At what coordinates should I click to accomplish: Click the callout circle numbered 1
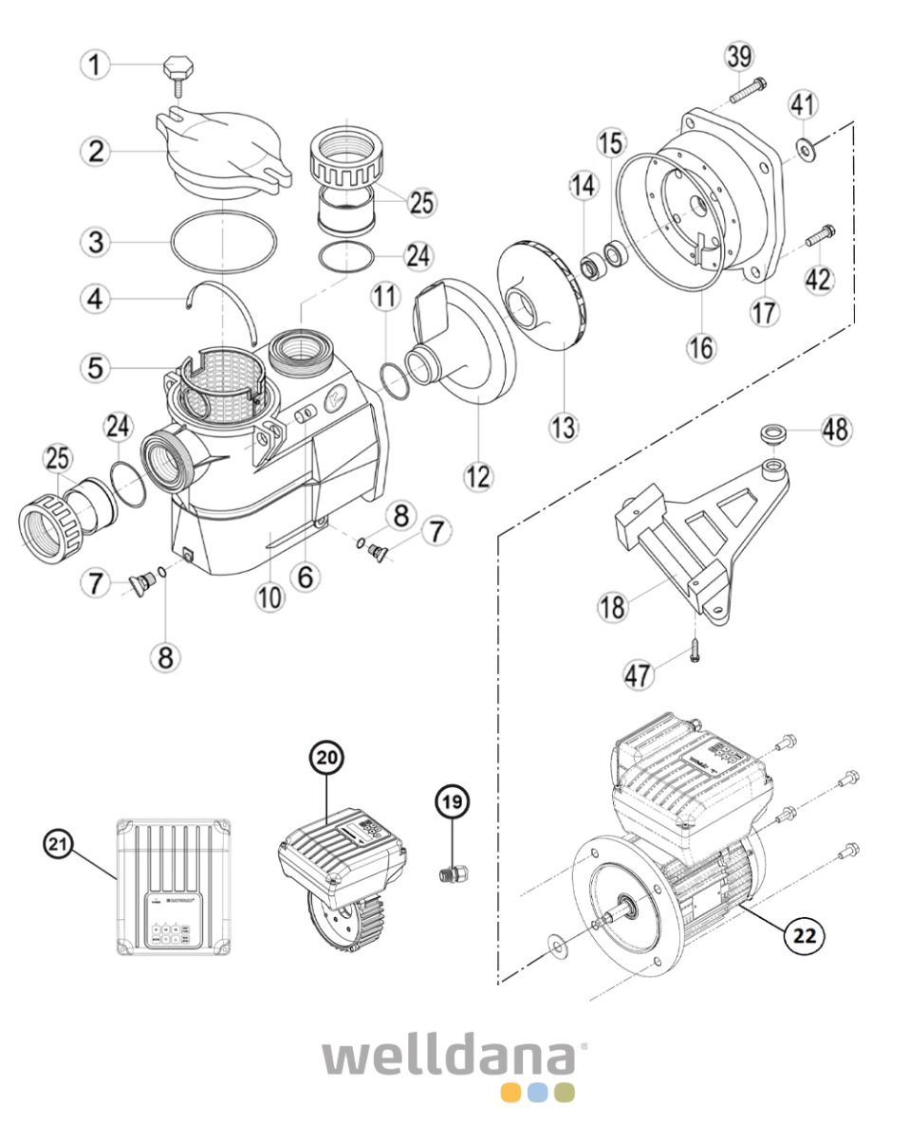tap(95, 65)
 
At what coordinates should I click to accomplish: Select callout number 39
tap(740, 56)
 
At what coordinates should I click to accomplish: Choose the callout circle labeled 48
tap(836, 431)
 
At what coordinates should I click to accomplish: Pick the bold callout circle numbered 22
tap(804, 935)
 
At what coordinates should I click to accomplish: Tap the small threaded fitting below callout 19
tap(452, 872)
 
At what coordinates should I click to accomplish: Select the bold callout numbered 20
tap(327, 759)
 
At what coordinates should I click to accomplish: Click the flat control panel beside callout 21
tap(173, 888)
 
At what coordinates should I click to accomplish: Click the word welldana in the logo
tap(449, 1056)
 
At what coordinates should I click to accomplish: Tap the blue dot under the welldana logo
tap(538, 1091)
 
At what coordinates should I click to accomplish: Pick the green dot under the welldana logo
tap(565, 1091)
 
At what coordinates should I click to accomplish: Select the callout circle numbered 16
tap(703, 348)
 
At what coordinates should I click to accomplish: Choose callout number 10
tap(269, 597)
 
